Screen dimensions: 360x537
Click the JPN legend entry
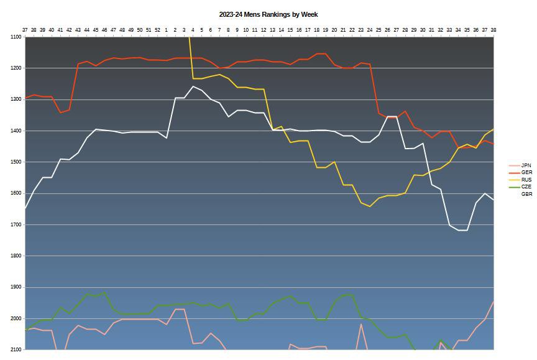(526, 165)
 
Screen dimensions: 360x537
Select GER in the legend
(526, 172)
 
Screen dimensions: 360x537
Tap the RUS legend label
(526, 180)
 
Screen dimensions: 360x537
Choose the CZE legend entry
(526, 187)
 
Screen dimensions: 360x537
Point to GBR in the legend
(526, 194)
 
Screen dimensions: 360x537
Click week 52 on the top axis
(157, 29)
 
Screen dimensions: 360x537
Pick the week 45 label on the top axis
(96, 29)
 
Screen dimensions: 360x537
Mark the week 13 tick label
(272, 29)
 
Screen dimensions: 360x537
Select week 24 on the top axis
(370, 29)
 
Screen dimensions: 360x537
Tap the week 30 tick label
(423, 29)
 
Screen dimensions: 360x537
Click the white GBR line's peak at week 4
(193, 86)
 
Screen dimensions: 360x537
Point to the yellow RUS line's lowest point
(370, 206)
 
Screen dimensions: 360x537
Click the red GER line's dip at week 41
(60, 113)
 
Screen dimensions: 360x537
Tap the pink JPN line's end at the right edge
(493, 302)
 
